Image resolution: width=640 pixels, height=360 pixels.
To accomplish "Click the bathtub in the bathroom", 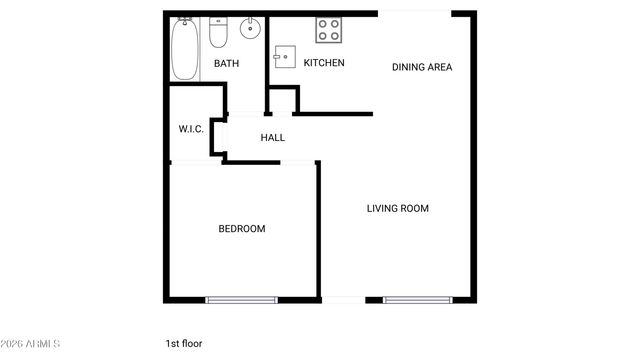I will click(185, 50).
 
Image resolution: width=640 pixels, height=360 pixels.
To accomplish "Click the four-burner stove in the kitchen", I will click(329, 31).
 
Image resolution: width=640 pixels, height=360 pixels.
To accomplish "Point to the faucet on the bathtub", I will click(185, 21).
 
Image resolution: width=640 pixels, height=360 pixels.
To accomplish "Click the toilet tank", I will click(220, 22).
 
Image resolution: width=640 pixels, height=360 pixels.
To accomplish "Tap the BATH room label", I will click(226, 64).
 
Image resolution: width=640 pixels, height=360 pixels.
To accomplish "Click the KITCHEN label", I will click(324, 63).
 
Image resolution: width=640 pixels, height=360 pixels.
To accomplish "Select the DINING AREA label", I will click(422, 68).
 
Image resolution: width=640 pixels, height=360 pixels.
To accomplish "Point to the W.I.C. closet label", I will click(191, 129).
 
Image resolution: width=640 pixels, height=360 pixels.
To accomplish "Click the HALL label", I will click(272, 138).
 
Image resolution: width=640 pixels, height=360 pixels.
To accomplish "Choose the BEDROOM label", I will click(242, 229).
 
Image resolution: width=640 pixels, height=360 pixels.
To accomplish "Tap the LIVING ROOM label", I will click(397, 209).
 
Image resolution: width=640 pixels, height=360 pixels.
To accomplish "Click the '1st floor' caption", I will click(184, 344).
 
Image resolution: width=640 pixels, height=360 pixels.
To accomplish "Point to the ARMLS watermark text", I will click(30, 344).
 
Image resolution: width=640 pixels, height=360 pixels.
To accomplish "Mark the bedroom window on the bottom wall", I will click(241, 299).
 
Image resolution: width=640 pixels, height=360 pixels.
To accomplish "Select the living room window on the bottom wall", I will click(417, 299).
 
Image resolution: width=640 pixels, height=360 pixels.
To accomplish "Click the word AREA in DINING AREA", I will click(438, 68).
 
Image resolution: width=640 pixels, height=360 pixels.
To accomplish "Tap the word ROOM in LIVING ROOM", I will click(414, 209).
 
